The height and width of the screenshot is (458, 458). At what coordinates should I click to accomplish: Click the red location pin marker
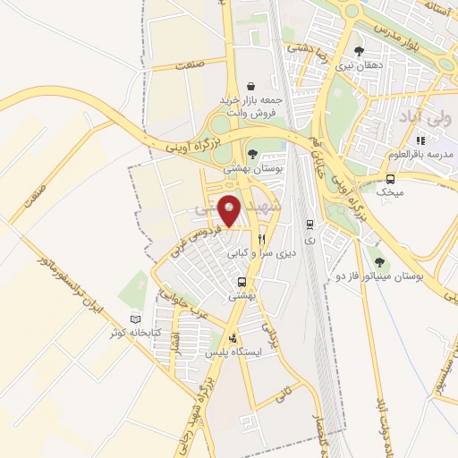(x=230, y=210)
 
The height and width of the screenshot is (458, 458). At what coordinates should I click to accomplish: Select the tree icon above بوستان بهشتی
(x=253, y=153)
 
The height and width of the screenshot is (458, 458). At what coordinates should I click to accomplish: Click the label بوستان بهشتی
(x=253, y=168)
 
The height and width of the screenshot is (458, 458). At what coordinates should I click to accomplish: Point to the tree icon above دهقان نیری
(x=359, y=51)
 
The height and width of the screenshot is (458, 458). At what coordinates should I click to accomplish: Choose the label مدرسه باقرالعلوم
(x=420, y=154)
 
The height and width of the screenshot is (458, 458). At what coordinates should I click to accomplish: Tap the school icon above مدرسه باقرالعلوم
(x=420, y=140)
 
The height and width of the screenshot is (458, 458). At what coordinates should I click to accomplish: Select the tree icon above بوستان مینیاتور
(x=379, y=262)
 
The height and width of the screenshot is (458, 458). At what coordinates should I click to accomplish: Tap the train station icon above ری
(x=310, y=225)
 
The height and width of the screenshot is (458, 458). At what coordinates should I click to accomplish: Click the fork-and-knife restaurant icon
(x=261, y=239)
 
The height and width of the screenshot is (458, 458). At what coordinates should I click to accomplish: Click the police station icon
(x=233, y=338)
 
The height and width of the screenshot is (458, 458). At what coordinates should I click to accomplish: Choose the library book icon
(x=135, y=319)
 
